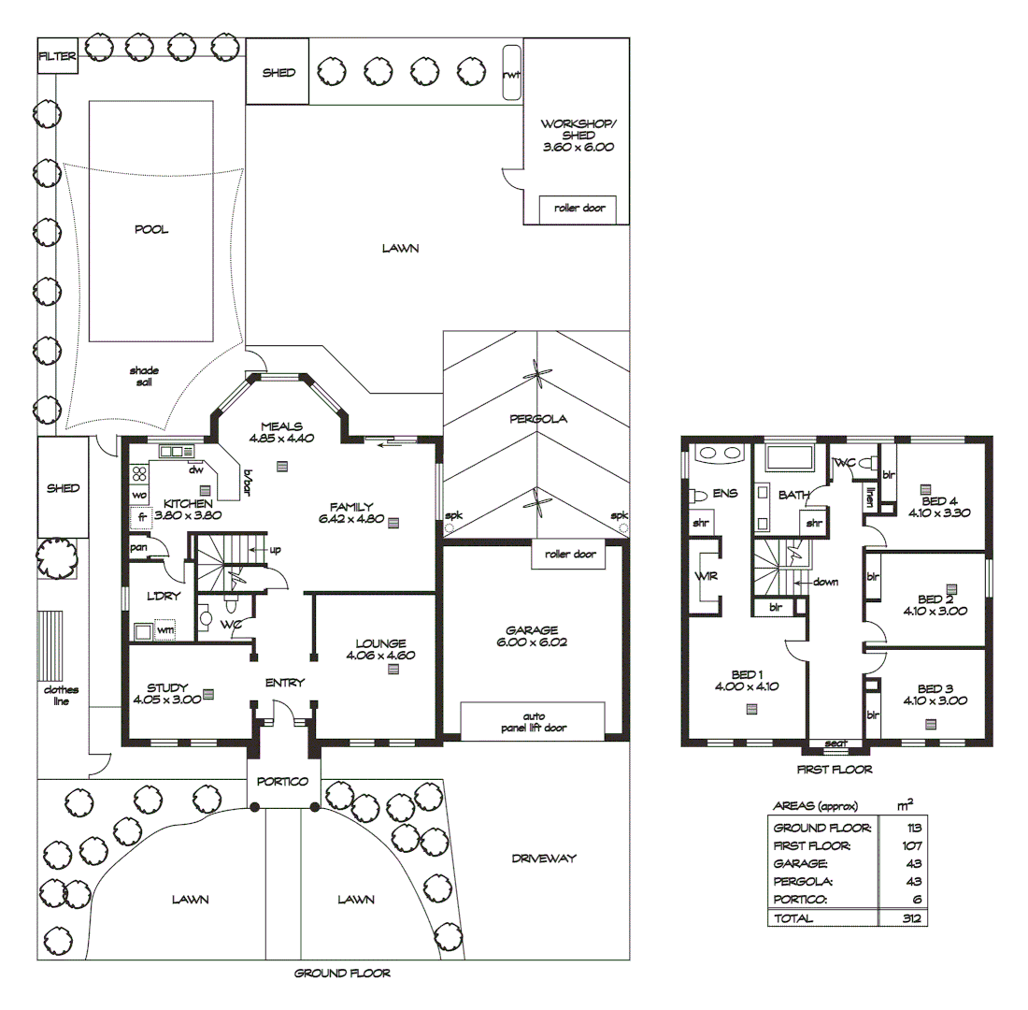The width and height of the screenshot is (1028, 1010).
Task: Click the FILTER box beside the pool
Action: point(56,56)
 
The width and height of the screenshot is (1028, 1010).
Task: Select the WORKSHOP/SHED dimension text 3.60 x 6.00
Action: point(578,147)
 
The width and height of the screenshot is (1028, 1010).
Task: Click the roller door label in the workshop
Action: point(578,209)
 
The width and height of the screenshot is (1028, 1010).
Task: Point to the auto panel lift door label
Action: point(535,721)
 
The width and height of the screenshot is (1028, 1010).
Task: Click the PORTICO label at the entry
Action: point(284,781)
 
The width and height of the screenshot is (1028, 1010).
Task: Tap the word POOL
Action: point(151,229)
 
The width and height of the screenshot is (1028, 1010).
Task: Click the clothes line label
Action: point(55,695)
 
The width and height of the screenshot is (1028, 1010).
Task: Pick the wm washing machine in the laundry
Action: point(165,631)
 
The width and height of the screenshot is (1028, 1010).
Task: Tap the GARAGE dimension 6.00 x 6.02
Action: point(534,642)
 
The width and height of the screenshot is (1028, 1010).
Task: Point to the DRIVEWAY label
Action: point(544,858)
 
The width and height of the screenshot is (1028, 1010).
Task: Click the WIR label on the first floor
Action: point(706,576)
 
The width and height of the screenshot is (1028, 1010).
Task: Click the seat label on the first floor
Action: point(835,743)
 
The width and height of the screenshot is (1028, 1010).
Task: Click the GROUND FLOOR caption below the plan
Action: point(342,973)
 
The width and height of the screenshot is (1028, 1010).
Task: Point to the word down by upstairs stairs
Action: point(825,581)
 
